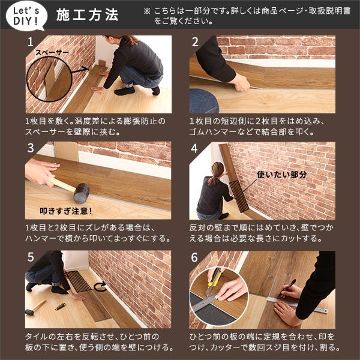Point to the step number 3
pos(31,148)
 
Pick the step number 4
pos(195,148)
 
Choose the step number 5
pos(31,257)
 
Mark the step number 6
pos(195,257)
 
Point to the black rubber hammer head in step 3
pos(81,193)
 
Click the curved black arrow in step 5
pos(100,287)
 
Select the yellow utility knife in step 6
pos(213,280)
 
